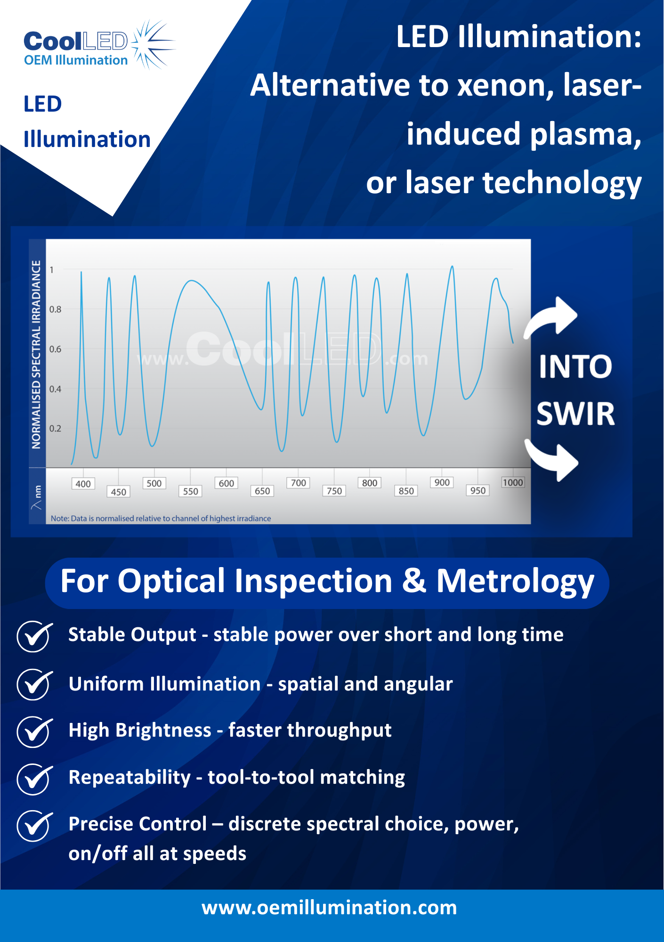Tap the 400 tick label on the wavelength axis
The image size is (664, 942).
pyautogui.click(x=83, y=484)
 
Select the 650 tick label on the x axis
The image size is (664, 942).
pyautogui.click(x=262, y=491)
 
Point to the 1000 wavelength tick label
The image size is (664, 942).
pyautogui.click(x=513, y=482)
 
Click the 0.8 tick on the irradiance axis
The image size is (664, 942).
pyautogui.click(x=55, y=309)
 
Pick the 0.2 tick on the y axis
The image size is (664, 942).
pyautogui.click(x=55, y=429)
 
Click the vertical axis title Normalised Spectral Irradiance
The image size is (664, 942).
pyautogui.click(x=36, y=354)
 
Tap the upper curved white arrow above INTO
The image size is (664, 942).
pyautogui.click(x=551, y=317)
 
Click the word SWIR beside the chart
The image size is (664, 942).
pyautogui.click(x=575, y=414)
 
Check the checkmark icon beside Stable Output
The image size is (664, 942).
pyautogui.click(x=34, y=636)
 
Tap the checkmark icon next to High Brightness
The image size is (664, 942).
pyautogui.click(x=34, y=732)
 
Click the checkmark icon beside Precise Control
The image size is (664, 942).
pyautogui.click(x=34, y=826)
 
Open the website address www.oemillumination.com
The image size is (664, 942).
pyautogui.click(x=329, y=908)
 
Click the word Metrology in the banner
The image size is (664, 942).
pyautogui.click(x=515, y=582)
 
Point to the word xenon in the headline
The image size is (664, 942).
pyautogui.click(x=506, y=86)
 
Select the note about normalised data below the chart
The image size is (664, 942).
pyautogui.click(x=161, y=519)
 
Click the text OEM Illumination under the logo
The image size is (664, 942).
pyautogui.click(x=76, y=60)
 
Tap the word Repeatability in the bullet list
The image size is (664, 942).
pyautogui.click(x=130, y=778)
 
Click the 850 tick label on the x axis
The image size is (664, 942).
pyautogui.click(x=406, y=491)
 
